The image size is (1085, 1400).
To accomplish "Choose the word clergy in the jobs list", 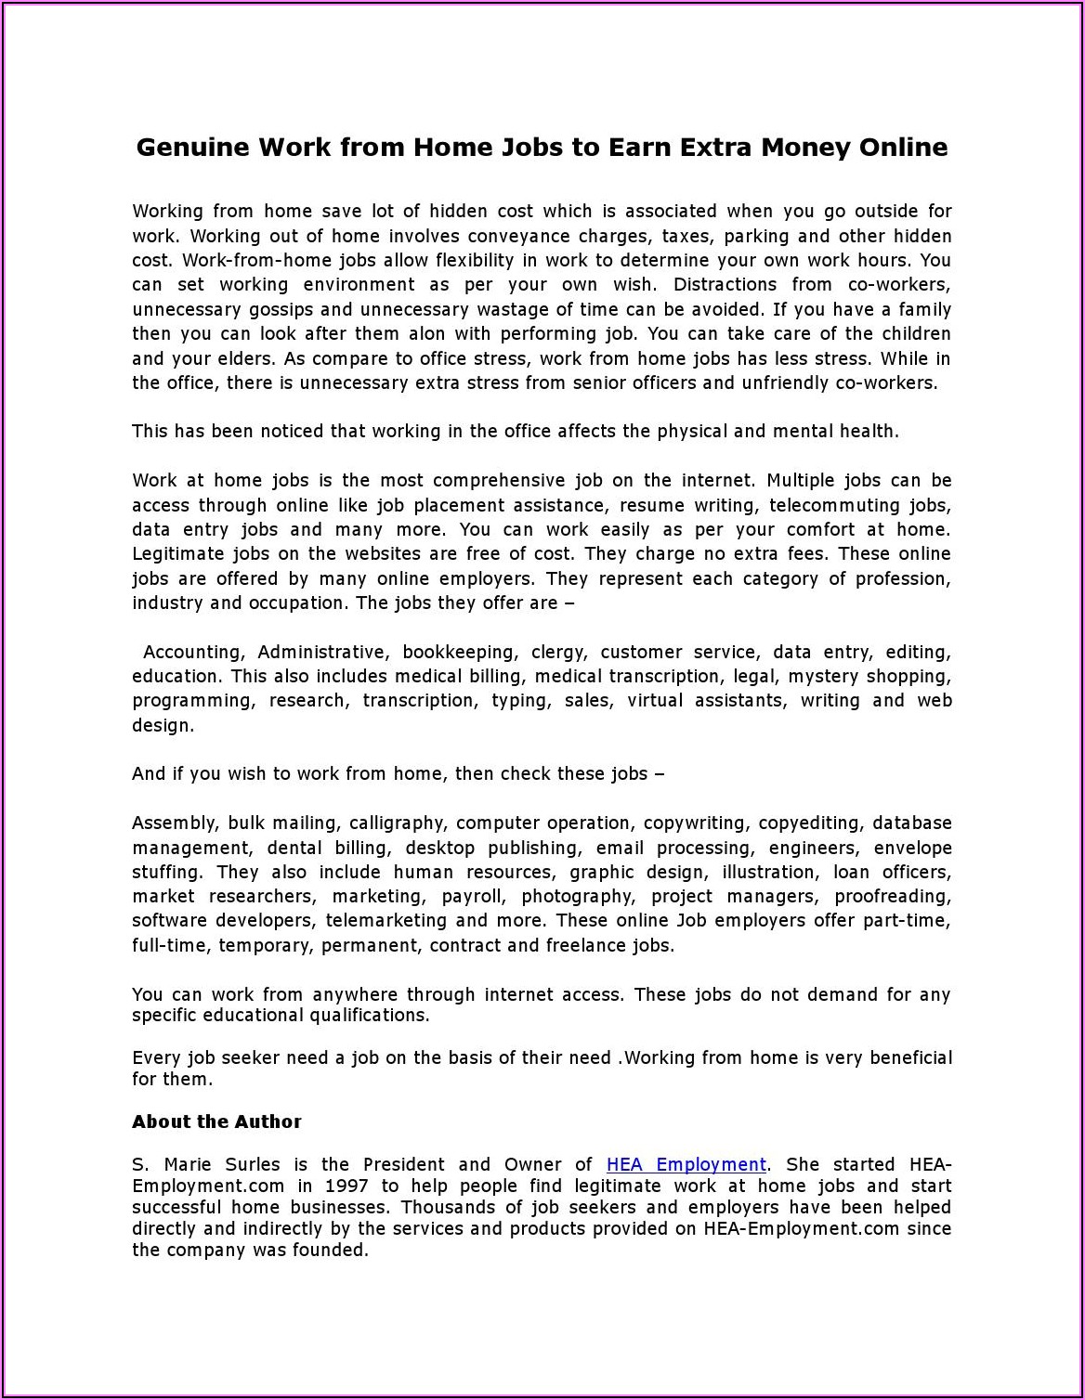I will (x=559, y=653).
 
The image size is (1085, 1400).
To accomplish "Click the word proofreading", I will (x=893, y=897).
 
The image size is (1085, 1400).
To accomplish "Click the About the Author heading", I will (x=216, y=1121).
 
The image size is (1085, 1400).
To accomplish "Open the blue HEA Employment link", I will (x=686, y=1164).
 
